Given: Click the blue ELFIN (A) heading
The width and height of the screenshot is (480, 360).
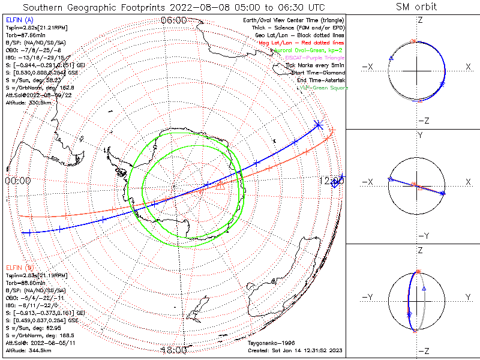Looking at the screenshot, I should click(20, 20).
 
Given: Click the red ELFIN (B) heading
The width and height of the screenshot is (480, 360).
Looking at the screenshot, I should click(20, 267).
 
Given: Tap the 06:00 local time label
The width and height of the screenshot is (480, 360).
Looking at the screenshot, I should click(173, 20).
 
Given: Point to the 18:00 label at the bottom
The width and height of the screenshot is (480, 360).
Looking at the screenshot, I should click(175, 350).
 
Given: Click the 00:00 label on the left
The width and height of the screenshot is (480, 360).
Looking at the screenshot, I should click(18, 181).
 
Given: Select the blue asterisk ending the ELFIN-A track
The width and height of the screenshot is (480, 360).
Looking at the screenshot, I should click(318, 125).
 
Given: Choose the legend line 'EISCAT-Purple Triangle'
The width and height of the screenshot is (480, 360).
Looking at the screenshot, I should click(314, 58).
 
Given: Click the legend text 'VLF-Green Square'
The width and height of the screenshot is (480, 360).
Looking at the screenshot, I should click(323, 88).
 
